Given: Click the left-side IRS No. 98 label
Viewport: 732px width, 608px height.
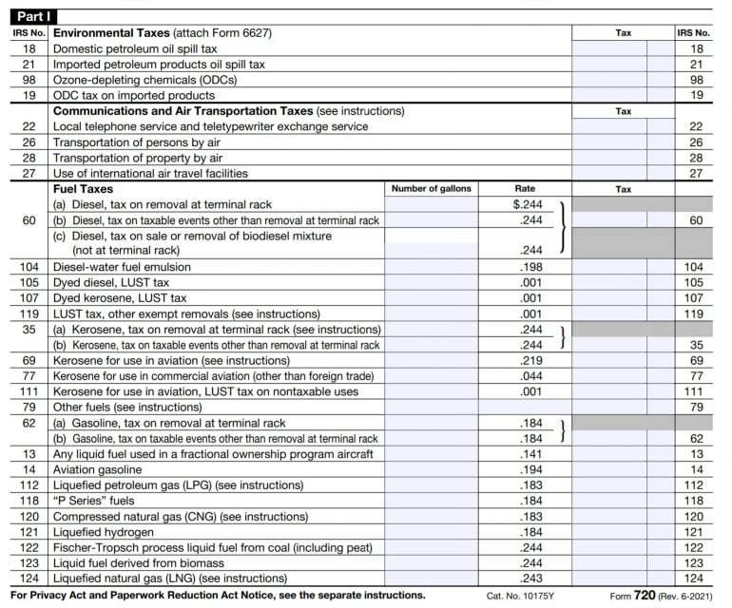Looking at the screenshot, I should pos(29,80).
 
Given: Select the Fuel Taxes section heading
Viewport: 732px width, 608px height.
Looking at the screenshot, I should pos(83,189).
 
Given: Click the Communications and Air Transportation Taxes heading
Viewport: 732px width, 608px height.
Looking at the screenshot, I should pos(182,111).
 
